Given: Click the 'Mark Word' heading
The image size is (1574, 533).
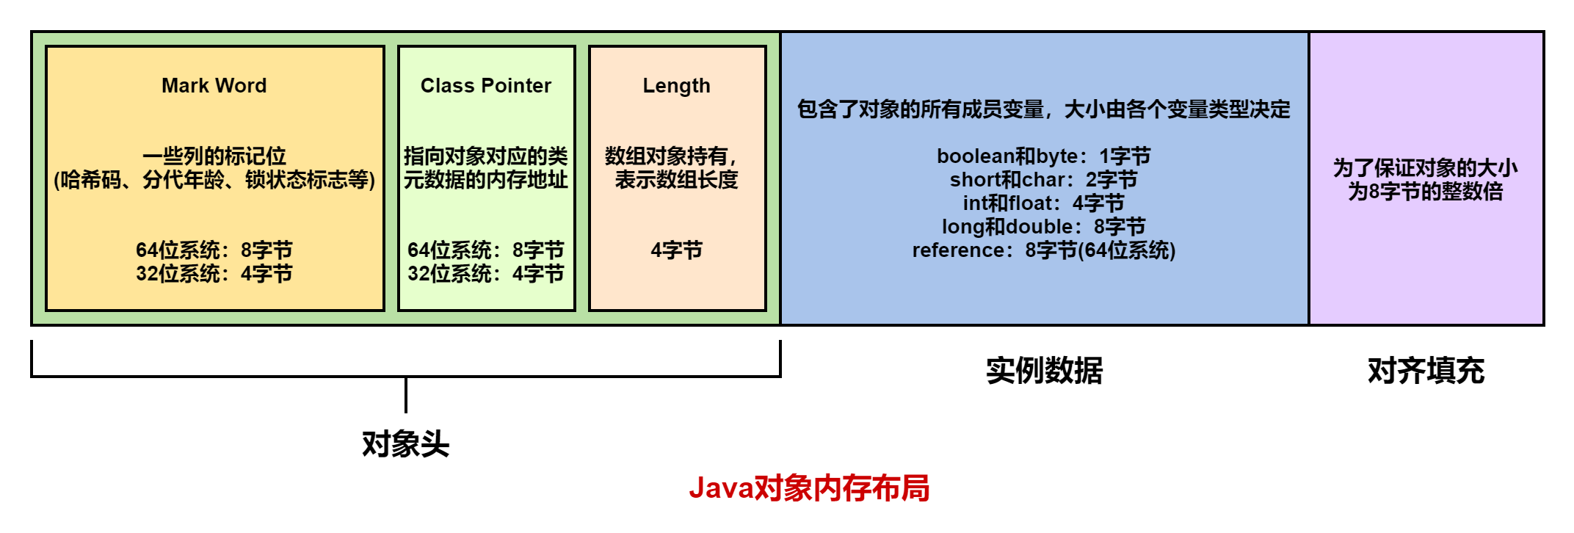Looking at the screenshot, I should [214, 86].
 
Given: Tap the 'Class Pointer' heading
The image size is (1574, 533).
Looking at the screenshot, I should [485, 86].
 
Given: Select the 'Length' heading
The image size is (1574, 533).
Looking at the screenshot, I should [676, 86].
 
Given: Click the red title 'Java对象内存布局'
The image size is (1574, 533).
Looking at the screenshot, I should [809, 488].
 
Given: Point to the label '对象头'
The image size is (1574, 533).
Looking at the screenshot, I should [405, 444].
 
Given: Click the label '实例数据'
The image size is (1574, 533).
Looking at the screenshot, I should [1044, 371].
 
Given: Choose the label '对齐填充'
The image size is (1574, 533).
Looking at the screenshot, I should [1426, 371].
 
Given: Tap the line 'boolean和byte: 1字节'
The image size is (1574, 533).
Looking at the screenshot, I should [1043, 156].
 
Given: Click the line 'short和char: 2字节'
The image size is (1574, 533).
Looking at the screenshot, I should [1043, 180].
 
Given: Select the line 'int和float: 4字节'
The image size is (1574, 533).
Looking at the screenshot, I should [1043, 203].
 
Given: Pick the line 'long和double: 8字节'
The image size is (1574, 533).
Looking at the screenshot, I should [1043, 227].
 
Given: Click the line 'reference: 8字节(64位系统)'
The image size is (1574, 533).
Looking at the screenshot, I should [1043, 250].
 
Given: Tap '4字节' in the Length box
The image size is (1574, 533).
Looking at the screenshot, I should [676, 250].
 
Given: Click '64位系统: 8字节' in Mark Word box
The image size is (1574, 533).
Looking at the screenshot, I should [214, 250].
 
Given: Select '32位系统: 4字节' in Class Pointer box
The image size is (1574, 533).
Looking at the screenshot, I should [485, 274].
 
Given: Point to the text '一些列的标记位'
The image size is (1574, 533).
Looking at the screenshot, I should [214, 156].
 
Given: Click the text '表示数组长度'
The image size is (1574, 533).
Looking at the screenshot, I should [676, 180].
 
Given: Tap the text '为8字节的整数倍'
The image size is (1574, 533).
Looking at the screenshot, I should [1425, 192].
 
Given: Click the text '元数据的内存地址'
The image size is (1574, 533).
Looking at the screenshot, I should [485, 180].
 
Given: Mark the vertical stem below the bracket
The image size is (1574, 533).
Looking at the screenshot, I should [405, 396].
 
